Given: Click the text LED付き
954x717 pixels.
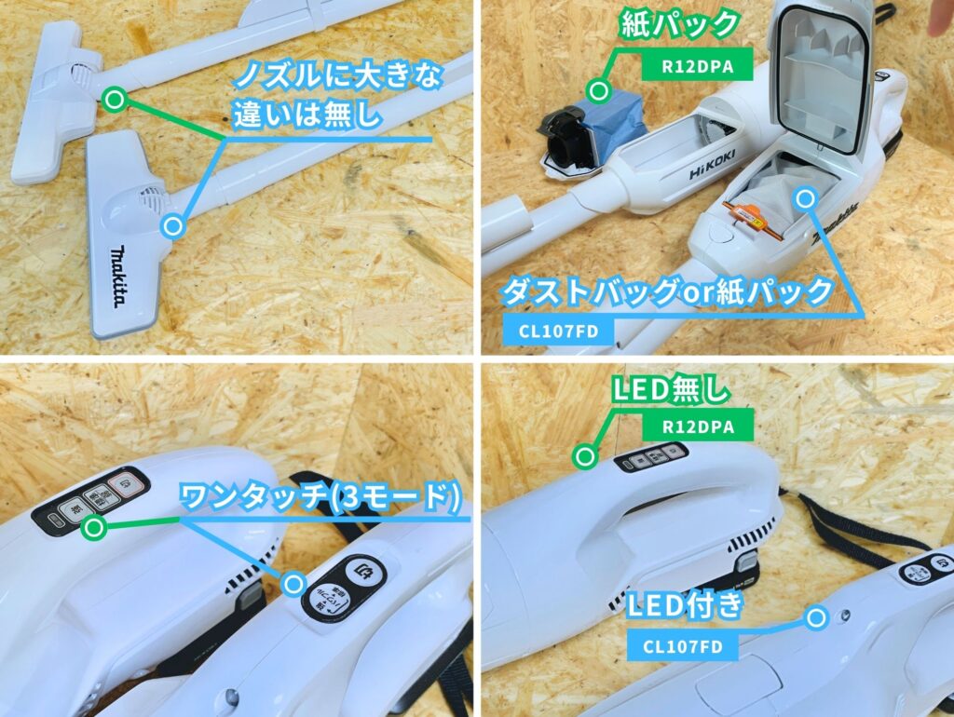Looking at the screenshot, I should tap(685, 606).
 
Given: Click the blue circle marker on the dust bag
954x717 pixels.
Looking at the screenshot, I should tap(804, 197).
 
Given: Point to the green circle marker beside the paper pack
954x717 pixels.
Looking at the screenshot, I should tap(599, 90).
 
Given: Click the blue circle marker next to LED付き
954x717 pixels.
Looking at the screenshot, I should tap(817, 616).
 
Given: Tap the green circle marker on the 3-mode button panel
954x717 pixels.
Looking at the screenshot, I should tap(92, 530).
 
